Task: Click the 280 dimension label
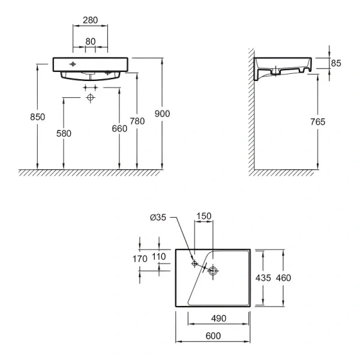pos(91,20)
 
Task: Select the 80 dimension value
pos(91,41)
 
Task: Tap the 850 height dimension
pos(38,118)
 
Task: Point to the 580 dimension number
pos(64,133)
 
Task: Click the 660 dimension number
pos(119,128)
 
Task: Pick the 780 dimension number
pos(137,121)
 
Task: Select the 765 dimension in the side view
pos(318,122)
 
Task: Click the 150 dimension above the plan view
pos(203,216)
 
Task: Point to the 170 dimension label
pos(139,259)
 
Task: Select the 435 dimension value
pos(263,277)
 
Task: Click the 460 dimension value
pos(283,277)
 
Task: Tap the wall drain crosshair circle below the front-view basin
pos(91,97)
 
